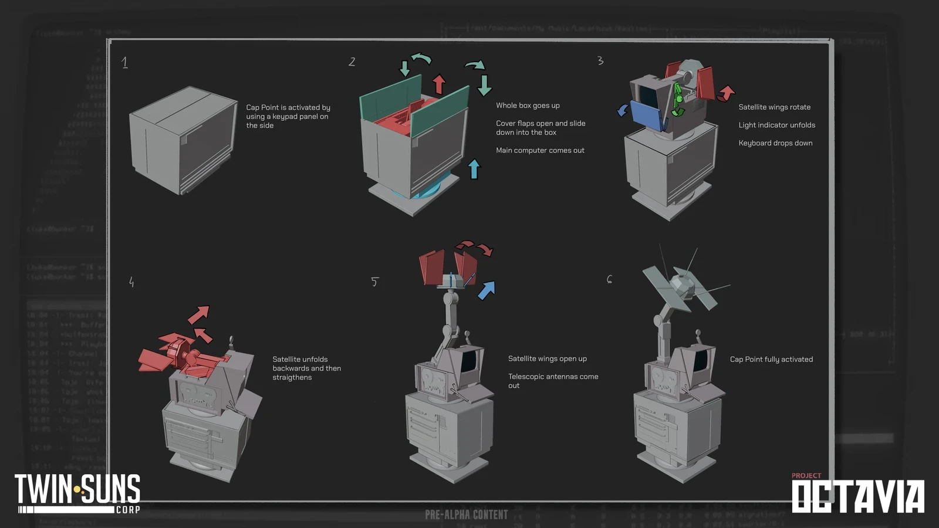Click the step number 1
124,63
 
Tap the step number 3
600,61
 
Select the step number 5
374,282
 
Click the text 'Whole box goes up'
528,106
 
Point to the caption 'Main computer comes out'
540,151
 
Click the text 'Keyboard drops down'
775,143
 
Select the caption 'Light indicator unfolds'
776,125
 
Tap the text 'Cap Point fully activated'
771,359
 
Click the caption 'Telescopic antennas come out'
553,381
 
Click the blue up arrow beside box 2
474,169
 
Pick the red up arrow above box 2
439,84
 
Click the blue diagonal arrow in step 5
487,290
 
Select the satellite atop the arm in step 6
681,285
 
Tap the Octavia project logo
857,494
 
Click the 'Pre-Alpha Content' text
467,515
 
